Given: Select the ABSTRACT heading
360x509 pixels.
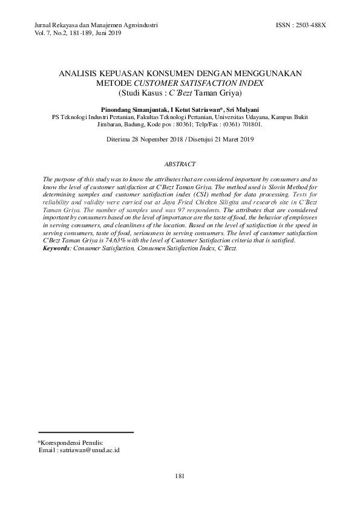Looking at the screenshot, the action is pyautogui.click(x=180, y=164).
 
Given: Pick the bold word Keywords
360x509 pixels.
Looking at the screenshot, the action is pyautogui.click(x=54, y=248).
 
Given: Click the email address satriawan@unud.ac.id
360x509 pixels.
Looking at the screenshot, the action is pyautogui.click(x=89, y=450).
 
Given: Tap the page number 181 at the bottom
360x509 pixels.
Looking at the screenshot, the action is pyautogui.click(x=179, y=477).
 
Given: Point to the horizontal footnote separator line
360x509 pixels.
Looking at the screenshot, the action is pyautogui.click(x=85, y=432).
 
